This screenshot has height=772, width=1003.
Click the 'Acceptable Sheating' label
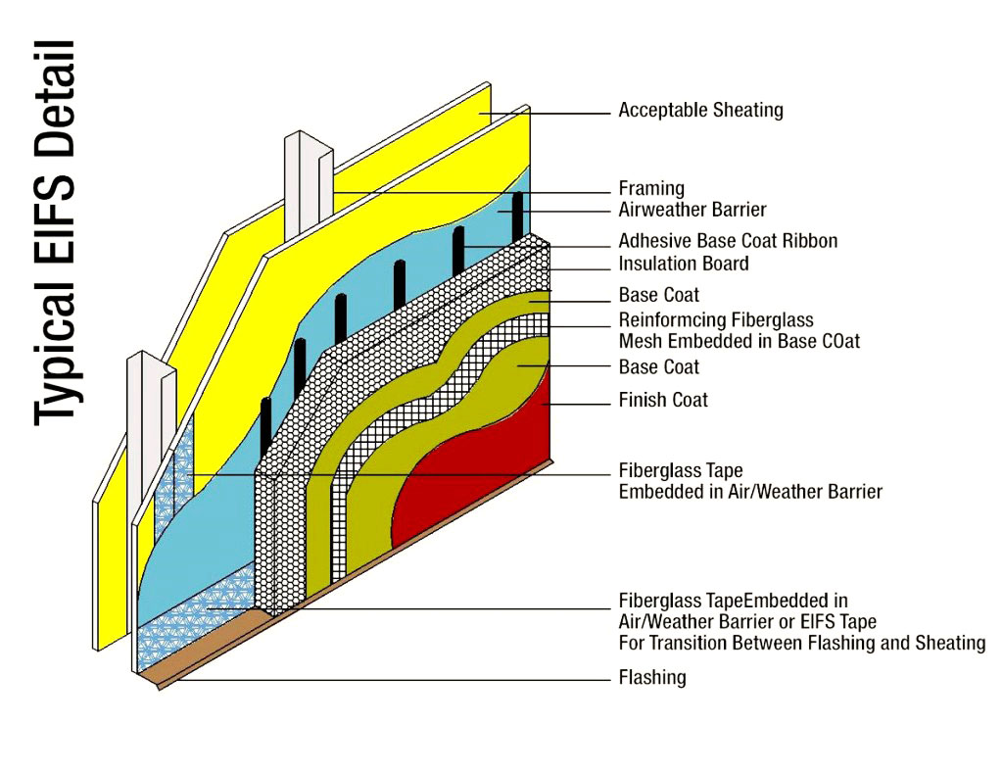coord(700,111)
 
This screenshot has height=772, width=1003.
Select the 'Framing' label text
coord(651,188)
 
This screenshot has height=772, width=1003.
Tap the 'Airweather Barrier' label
coord(692,210)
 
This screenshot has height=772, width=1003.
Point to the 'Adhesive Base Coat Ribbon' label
coord(728,241)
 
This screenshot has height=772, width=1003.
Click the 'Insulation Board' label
coord(684,264)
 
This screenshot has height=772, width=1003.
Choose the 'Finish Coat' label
coord(663,400)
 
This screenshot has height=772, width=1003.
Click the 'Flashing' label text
coord(652,677)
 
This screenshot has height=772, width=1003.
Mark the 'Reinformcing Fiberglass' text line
coord(716,320)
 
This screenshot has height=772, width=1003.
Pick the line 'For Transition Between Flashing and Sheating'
coord(801,644)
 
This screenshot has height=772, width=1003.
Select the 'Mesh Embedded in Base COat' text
coord(740,342)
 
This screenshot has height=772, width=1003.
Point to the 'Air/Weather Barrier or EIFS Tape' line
coord(747,622)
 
